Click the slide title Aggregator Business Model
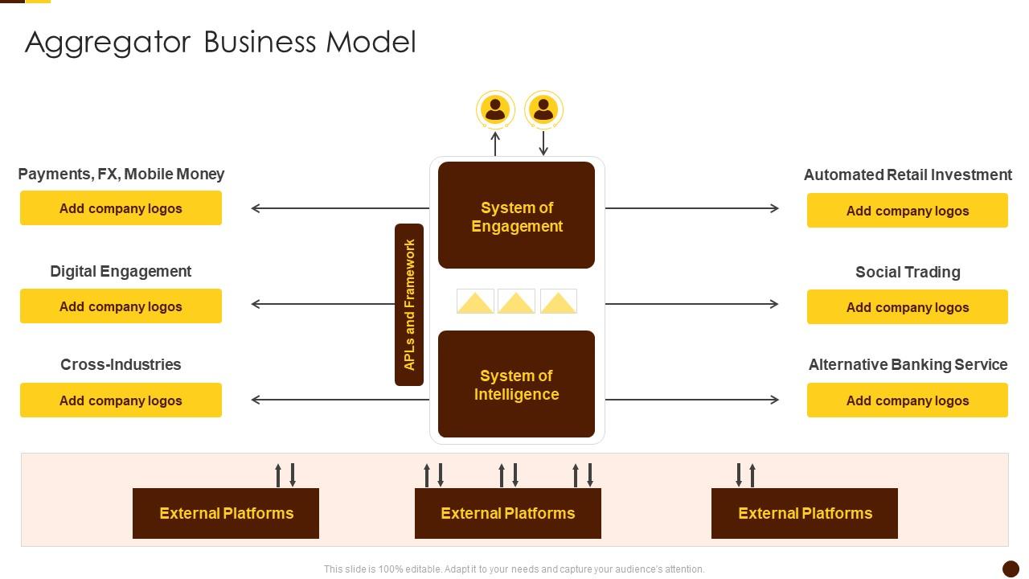220,42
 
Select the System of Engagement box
516,216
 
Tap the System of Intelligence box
516,384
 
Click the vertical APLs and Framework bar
409,305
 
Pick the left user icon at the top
495,109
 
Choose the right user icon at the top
543,109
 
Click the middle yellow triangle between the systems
516,302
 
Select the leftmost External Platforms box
226,513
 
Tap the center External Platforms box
507,513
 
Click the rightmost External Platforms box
804,513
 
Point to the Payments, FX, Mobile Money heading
121,174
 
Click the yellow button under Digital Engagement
121,306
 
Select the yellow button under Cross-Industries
121,400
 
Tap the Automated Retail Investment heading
908,175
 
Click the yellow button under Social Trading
907,307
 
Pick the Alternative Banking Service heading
908,364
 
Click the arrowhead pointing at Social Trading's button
774,304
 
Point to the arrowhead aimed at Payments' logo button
256,208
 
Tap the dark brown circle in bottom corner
1011,569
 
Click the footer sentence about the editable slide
514,569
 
